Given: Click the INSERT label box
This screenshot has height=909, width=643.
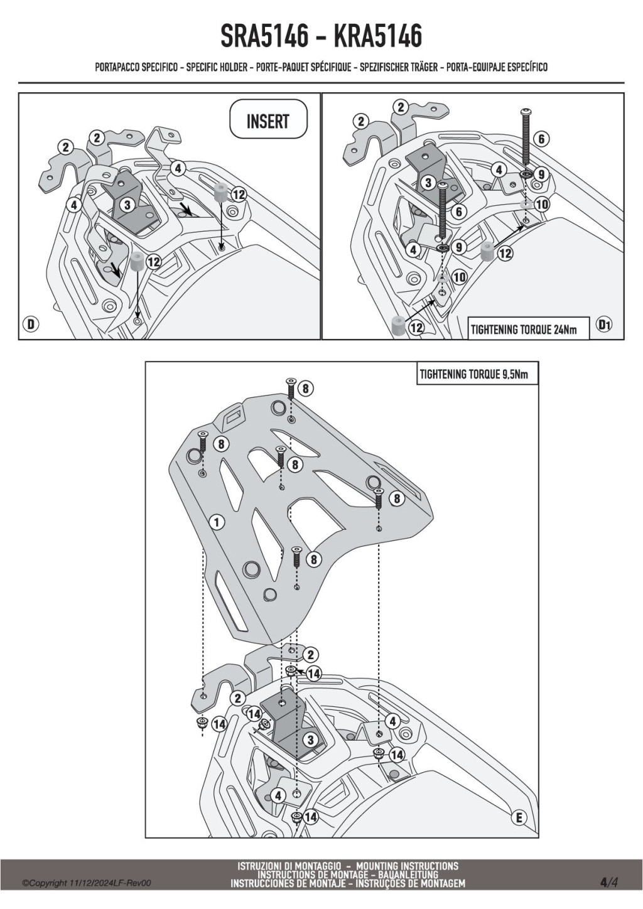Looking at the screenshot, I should pos(268,121).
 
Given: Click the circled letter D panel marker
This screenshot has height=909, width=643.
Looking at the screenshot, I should pos(30,324).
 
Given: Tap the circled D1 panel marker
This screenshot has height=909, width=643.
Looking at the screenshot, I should pos(604,325).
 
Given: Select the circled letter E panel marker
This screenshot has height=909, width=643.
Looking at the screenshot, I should pos(519,817).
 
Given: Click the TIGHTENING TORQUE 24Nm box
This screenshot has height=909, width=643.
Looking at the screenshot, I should pos(528,329).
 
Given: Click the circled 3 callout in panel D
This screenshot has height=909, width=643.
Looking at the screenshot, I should pos(127,204).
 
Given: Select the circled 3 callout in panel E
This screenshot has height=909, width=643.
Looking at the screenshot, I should pos(310,740).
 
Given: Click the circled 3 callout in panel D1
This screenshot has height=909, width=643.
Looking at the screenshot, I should pos(428,183).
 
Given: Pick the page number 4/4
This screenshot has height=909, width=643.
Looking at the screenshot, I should pos(608,882).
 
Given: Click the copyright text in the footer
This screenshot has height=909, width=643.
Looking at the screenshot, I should pos(87,883).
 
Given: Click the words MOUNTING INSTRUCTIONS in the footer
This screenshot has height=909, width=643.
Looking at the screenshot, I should pos(407,866).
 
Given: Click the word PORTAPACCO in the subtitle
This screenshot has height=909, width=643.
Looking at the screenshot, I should pos(117,67).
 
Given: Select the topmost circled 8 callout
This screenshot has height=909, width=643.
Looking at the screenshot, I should pos(305,389).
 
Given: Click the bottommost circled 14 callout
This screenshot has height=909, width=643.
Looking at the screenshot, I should pos(311,817).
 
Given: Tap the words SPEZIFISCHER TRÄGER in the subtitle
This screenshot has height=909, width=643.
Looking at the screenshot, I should pos(398,67).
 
